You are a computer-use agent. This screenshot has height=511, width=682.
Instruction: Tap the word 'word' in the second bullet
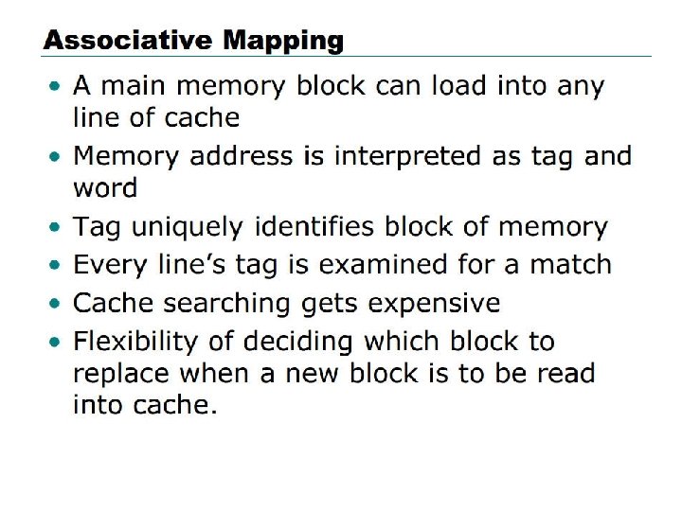[x=104, y=187]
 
